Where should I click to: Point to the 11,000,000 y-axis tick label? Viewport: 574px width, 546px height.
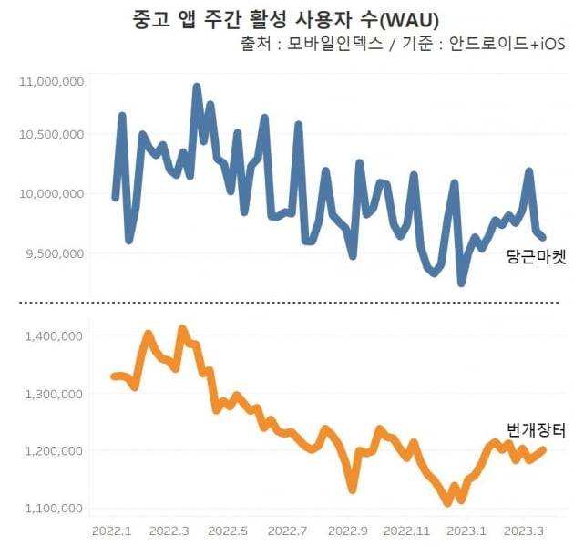click(x=52, y=82)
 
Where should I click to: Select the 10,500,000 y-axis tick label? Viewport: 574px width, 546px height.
click(x=52, y=134)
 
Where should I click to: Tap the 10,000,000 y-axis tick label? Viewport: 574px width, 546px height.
click(x=52, y=193)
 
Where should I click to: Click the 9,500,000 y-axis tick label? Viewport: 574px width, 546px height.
click(x=55, y=252)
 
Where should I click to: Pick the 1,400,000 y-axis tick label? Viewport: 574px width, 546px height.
click(x=55, y=335)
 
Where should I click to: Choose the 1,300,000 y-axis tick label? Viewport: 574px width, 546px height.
click(x=55, y=393)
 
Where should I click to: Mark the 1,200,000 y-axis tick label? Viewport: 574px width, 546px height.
click(x=55, y=450)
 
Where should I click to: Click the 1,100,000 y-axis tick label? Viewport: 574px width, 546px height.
click(x=55, y=508)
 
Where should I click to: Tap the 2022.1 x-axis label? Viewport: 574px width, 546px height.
click(x=111, y=530)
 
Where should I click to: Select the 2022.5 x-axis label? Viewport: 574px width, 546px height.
click(x=231, y=530)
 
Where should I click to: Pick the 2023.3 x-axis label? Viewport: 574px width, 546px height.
click(x=526, y=530)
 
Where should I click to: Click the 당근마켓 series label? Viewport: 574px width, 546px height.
click(x=536, y=259)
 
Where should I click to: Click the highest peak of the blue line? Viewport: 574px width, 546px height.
click(x=197, y=87)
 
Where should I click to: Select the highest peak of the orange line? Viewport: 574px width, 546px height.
click(x=182, y=328)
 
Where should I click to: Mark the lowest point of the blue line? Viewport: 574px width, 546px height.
click(x=461, y=283)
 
